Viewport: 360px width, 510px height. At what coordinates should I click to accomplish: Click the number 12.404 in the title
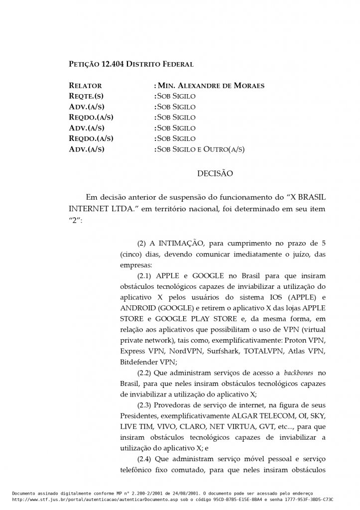113,64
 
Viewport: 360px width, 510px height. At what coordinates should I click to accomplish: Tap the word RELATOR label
85,86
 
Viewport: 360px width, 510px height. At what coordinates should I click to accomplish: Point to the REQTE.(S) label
86,96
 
